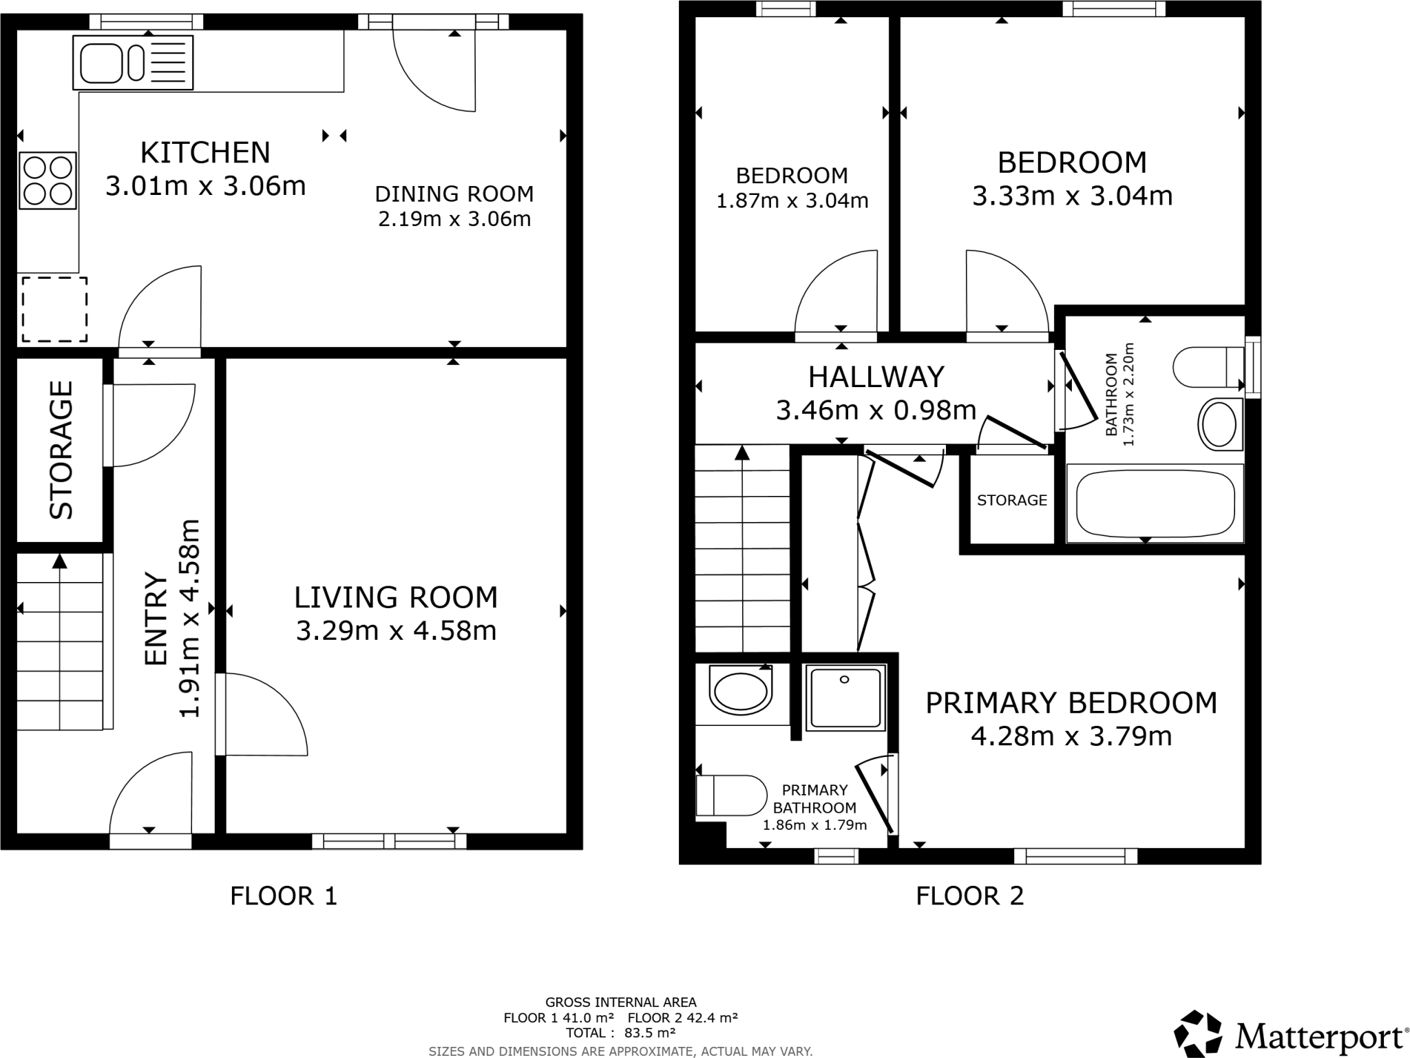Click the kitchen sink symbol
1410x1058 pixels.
132,63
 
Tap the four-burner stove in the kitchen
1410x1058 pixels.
48,181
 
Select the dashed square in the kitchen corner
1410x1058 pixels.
54,309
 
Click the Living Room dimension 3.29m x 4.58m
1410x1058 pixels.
396,631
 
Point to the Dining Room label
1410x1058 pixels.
454,194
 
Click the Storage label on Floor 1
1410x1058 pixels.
61,450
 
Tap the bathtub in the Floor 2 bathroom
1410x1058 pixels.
1155,504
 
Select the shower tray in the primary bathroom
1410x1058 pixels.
845,697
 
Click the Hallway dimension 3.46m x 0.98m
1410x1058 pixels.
876,411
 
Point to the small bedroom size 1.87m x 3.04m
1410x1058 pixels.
792,201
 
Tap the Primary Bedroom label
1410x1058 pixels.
1071,703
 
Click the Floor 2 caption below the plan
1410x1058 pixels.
969,896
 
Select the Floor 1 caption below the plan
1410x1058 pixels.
284,896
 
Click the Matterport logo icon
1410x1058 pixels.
1199,1033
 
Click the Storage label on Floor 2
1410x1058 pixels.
1011,501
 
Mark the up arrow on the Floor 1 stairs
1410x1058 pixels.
60,561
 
